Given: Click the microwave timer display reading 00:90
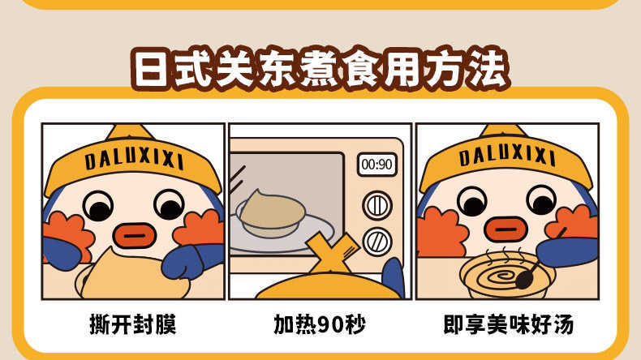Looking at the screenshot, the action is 377,165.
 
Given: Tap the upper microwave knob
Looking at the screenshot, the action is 377,205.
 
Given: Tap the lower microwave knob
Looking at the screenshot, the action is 377,242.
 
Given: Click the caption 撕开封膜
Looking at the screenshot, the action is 133,324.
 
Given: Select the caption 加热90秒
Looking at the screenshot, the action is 320,324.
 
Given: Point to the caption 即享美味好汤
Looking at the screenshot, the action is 509,324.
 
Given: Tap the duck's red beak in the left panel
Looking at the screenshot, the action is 135,236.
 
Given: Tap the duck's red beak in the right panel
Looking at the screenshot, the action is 505,229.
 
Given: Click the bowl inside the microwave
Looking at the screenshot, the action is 271,215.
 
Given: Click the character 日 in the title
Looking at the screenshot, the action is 151,70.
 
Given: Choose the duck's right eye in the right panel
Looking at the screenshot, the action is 542,200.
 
